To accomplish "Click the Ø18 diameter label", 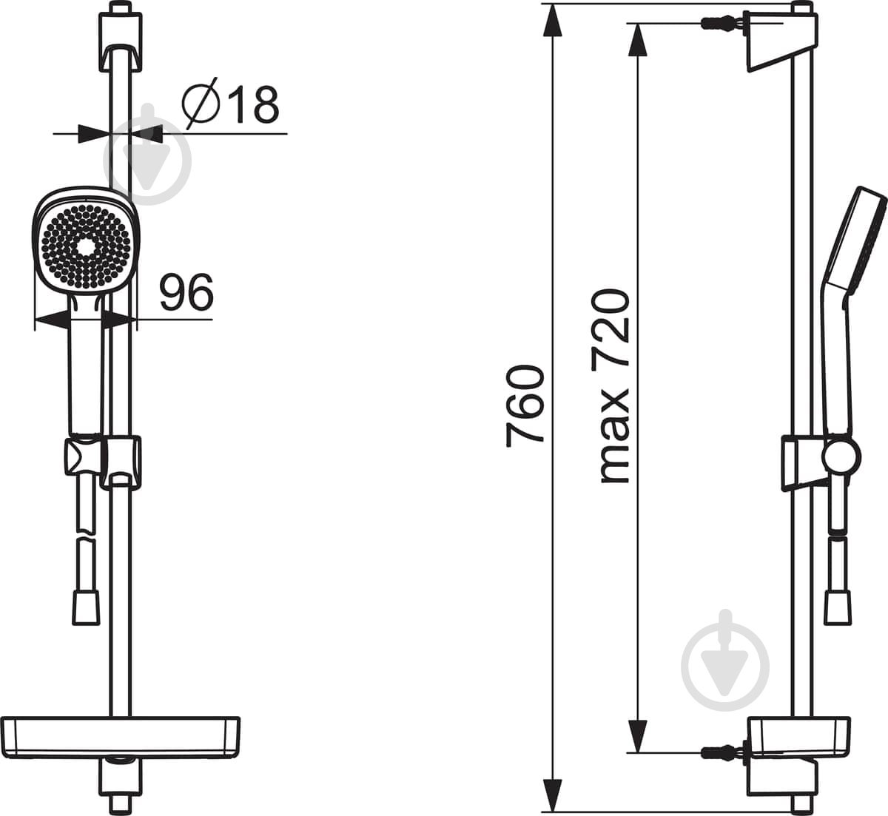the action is click(231, 104).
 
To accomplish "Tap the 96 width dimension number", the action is click(186, 293).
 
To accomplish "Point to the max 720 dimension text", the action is click(613, 386).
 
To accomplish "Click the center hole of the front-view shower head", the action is click(86, 247).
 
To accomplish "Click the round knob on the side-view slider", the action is click(841, 458).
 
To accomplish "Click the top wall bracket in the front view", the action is click(121, 41).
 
